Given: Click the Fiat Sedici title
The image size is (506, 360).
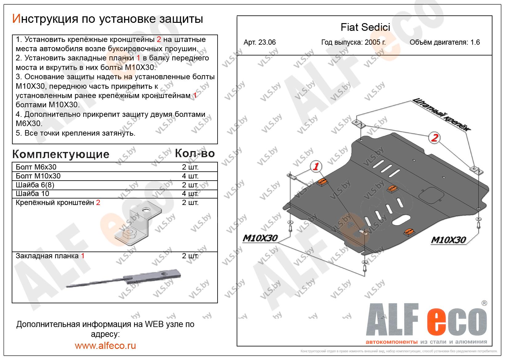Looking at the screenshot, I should click(365, 27).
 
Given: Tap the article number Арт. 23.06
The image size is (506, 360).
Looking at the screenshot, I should click(259, 43).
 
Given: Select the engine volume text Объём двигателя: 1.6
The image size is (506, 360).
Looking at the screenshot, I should click(444, 43).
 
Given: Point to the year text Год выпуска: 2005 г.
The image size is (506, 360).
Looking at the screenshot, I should click(353, 43).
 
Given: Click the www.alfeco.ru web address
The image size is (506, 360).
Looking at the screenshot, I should click(105, 346).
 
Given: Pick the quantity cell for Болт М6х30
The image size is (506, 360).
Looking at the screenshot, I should click(190, 167).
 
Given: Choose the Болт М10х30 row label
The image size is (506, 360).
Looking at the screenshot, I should click(38, 176).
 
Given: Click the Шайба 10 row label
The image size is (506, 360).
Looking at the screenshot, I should click(32, 194).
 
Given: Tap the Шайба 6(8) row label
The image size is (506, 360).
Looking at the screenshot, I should click(35, 185).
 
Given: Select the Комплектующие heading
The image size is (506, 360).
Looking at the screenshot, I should click(61, 154).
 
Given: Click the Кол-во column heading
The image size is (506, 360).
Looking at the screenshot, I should click(194, 153).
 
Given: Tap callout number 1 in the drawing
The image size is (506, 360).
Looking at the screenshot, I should click(316, 167).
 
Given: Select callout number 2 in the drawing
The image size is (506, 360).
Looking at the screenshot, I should click(434, 138).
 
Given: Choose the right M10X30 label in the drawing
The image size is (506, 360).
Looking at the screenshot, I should click(448, 240).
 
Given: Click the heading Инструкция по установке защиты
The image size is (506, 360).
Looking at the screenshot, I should click(108, 19).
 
